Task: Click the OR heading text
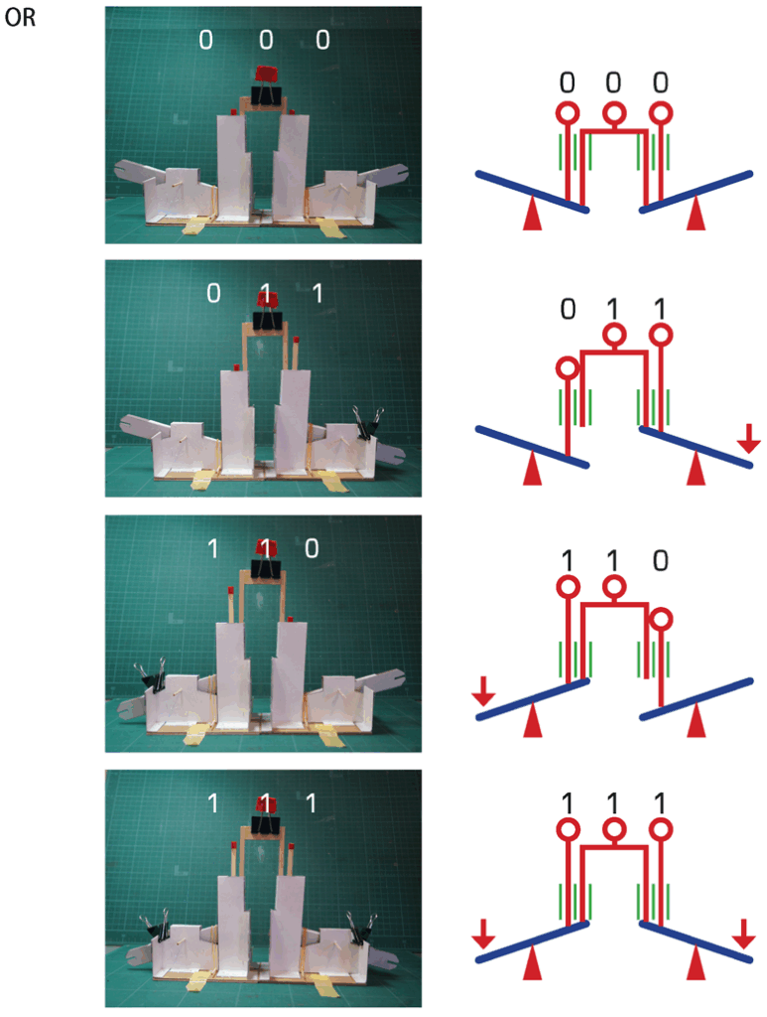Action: click(21, 19)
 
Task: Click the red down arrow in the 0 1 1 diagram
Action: click(749, 434)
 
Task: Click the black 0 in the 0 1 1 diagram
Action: click(568, 309)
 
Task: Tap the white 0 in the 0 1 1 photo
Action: click(212, 293)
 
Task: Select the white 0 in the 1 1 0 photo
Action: click(311, 547)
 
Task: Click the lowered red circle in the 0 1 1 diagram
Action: click(568, 368)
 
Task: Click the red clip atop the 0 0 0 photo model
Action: click(265, 74)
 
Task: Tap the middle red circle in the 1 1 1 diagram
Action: click(614, 828)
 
